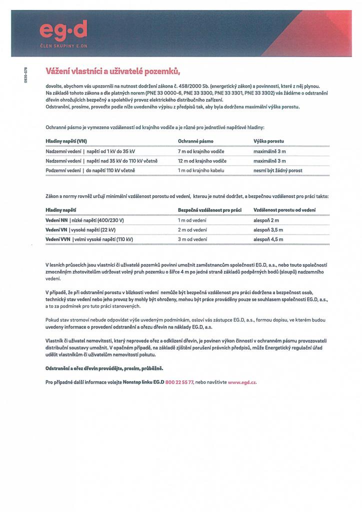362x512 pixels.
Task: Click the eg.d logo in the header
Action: (x=63, y=32)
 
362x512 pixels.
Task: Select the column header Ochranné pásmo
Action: (x=195, y=141)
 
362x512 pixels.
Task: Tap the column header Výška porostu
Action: (x=268, y=141)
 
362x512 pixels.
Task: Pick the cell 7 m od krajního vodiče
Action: (x=200, y=151)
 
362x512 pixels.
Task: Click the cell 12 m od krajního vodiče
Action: (x=202, y=161)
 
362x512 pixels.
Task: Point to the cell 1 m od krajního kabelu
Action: (x=201, y=170)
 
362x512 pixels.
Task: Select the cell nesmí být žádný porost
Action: (x=277, y=170)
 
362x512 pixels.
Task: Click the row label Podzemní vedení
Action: (x=63, y=170)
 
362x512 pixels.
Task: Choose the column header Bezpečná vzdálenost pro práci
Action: (x=209, y=210)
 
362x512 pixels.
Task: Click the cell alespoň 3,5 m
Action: (x=268, y=230)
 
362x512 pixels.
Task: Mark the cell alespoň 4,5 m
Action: (x=268, y=239)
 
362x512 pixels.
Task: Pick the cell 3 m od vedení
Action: (x=192, y=239)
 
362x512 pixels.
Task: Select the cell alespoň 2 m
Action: (x=266, y=220)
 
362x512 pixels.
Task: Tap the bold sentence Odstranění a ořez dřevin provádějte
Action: (x=104, y=368)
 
